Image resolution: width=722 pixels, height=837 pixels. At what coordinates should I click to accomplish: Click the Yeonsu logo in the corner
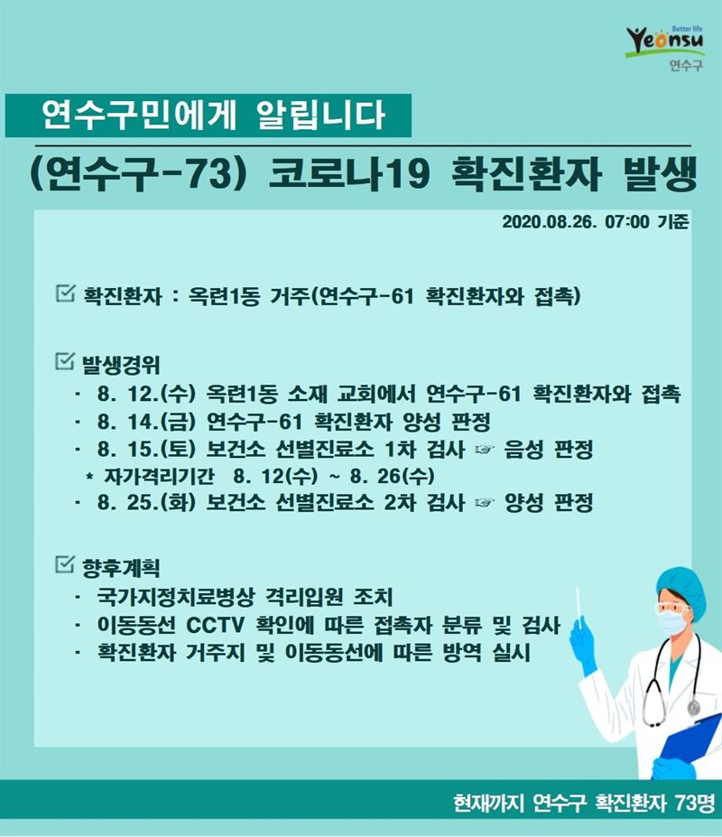[x=665, y=47]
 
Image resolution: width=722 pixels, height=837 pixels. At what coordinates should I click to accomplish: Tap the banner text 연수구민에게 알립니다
[x=213, y=115]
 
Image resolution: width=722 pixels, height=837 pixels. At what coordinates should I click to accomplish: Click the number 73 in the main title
[x=208, y=173]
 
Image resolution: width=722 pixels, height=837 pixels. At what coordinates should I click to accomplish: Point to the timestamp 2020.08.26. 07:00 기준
[x=595, y=221]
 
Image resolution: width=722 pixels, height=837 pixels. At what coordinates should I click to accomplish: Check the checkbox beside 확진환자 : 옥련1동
[x=65, y=293]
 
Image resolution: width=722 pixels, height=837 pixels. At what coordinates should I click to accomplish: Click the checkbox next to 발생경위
[x=65, y=361]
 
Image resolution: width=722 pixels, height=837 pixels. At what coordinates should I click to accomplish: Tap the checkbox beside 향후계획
[x=65, y=563]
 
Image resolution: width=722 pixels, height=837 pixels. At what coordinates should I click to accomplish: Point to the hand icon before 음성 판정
[x=484, y=450]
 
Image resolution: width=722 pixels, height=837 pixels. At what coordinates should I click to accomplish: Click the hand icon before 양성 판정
[x=484, y=503]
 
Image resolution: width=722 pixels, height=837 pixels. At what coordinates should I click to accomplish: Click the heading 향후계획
[x=121, y=567]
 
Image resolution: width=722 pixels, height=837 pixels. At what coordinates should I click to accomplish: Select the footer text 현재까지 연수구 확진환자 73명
[x=583, y=803]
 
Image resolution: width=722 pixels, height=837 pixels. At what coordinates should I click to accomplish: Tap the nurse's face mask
[x=671, y=622]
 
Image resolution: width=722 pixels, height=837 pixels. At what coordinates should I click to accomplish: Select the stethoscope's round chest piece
[x=694, y=708]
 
